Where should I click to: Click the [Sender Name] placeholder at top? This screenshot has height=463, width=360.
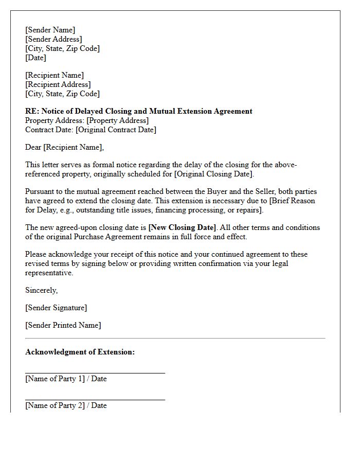[x=50, y=30]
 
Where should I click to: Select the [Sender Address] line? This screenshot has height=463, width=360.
[x=53, y=39]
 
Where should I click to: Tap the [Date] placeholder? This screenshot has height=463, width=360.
[x=35, y=58]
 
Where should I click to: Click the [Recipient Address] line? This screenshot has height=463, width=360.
[x=58, y=84]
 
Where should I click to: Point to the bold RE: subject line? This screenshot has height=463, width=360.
[x=139, y=111]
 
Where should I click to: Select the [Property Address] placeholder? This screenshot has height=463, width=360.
[x=118, y=120]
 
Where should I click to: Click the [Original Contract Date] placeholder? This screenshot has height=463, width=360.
[x=116, y=130]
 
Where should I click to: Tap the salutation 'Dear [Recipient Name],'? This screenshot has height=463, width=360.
[x=64, y=147]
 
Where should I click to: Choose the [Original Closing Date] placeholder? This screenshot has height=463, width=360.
[x=214, y=174]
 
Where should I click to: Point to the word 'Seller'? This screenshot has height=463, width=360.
[x=262, y=191]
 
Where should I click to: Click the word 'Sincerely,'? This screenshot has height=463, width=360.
[x=41, y=290]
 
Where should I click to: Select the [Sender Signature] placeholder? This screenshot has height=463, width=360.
[x=56, y=308]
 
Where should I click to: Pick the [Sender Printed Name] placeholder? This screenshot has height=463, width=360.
[x=63, y=325]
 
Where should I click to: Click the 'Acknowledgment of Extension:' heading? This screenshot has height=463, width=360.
[x=80, y=352]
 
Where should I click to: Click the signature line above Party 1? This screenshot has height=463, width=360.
[x=95, y=372]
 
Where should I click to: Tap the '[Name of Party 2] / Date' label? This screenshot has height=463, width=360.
[x=66, y=405]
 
